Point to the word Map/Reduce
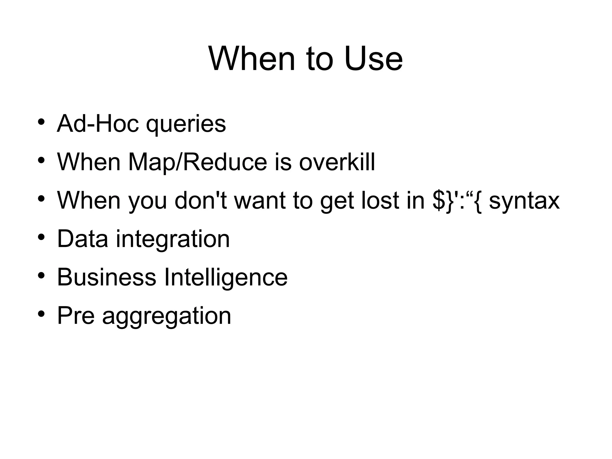(198, 162)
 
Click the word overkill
(337, 162)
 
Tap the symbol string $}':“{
(457, 201)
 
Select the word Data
(82, 239)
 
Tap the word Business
(106, 277)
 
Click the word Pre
(76, 315)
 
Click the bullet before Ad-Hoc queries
(41, 122)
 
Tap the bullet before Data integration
(41, 237)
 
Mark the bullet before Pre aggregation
(41, 314)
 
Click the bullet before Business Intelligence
(41, 275)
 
